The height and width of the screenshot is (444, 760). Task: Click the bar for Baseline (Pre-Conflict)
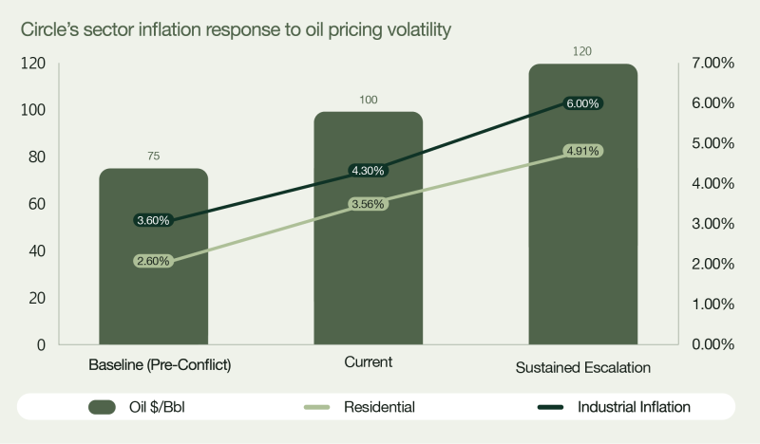click(153, 285)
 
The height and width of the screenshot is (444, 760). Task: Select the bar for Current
click(368, 266)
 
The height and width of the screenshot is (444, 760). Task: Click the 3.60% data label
click(153, 220)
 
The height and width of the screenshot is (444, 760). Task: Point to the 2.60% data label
click(153, 261)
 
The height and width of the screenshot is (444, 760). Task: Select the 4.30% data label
click(368, 171)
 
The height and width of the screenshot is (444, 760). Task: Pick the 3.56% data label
click(368, 203)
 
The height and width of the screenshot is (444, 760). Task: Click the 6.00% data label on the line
click(582, 103)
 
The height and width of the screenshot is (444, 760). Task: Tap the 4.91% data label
click(582, 150)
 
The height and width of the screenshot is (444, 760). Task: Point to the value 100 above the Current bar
click(368, 100)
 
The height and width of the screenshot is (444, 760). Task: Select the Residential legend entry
click(378, 407)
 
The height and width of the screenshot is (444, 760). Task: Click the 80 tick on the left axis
click(36, 157)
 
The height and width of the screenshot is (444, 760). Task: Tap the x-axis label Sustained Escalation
click(582, 367)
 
